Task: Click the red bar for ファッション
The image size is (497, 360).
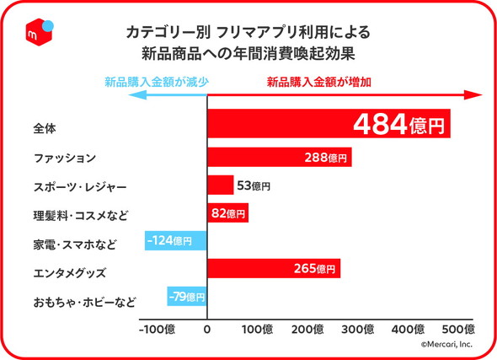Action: tap(279, 157)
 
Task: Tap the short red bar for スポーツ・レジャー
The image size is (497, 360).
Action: tap(221, 185)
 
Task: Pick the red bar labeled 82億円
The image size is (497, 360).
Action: tap(227, 213)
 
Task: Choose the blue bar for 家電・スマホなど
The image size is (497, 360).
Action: tap(175, 241)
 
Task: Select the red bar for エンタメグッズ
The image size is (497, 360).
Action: tap(274, 269)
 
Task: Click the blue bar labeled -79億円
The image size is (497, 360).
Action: tap(186, 297)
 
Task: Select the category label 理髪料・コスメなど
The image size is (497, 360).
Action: tap(81, 216)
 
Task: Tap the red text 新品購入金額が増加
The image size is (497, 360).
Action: tap(319, 83)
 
